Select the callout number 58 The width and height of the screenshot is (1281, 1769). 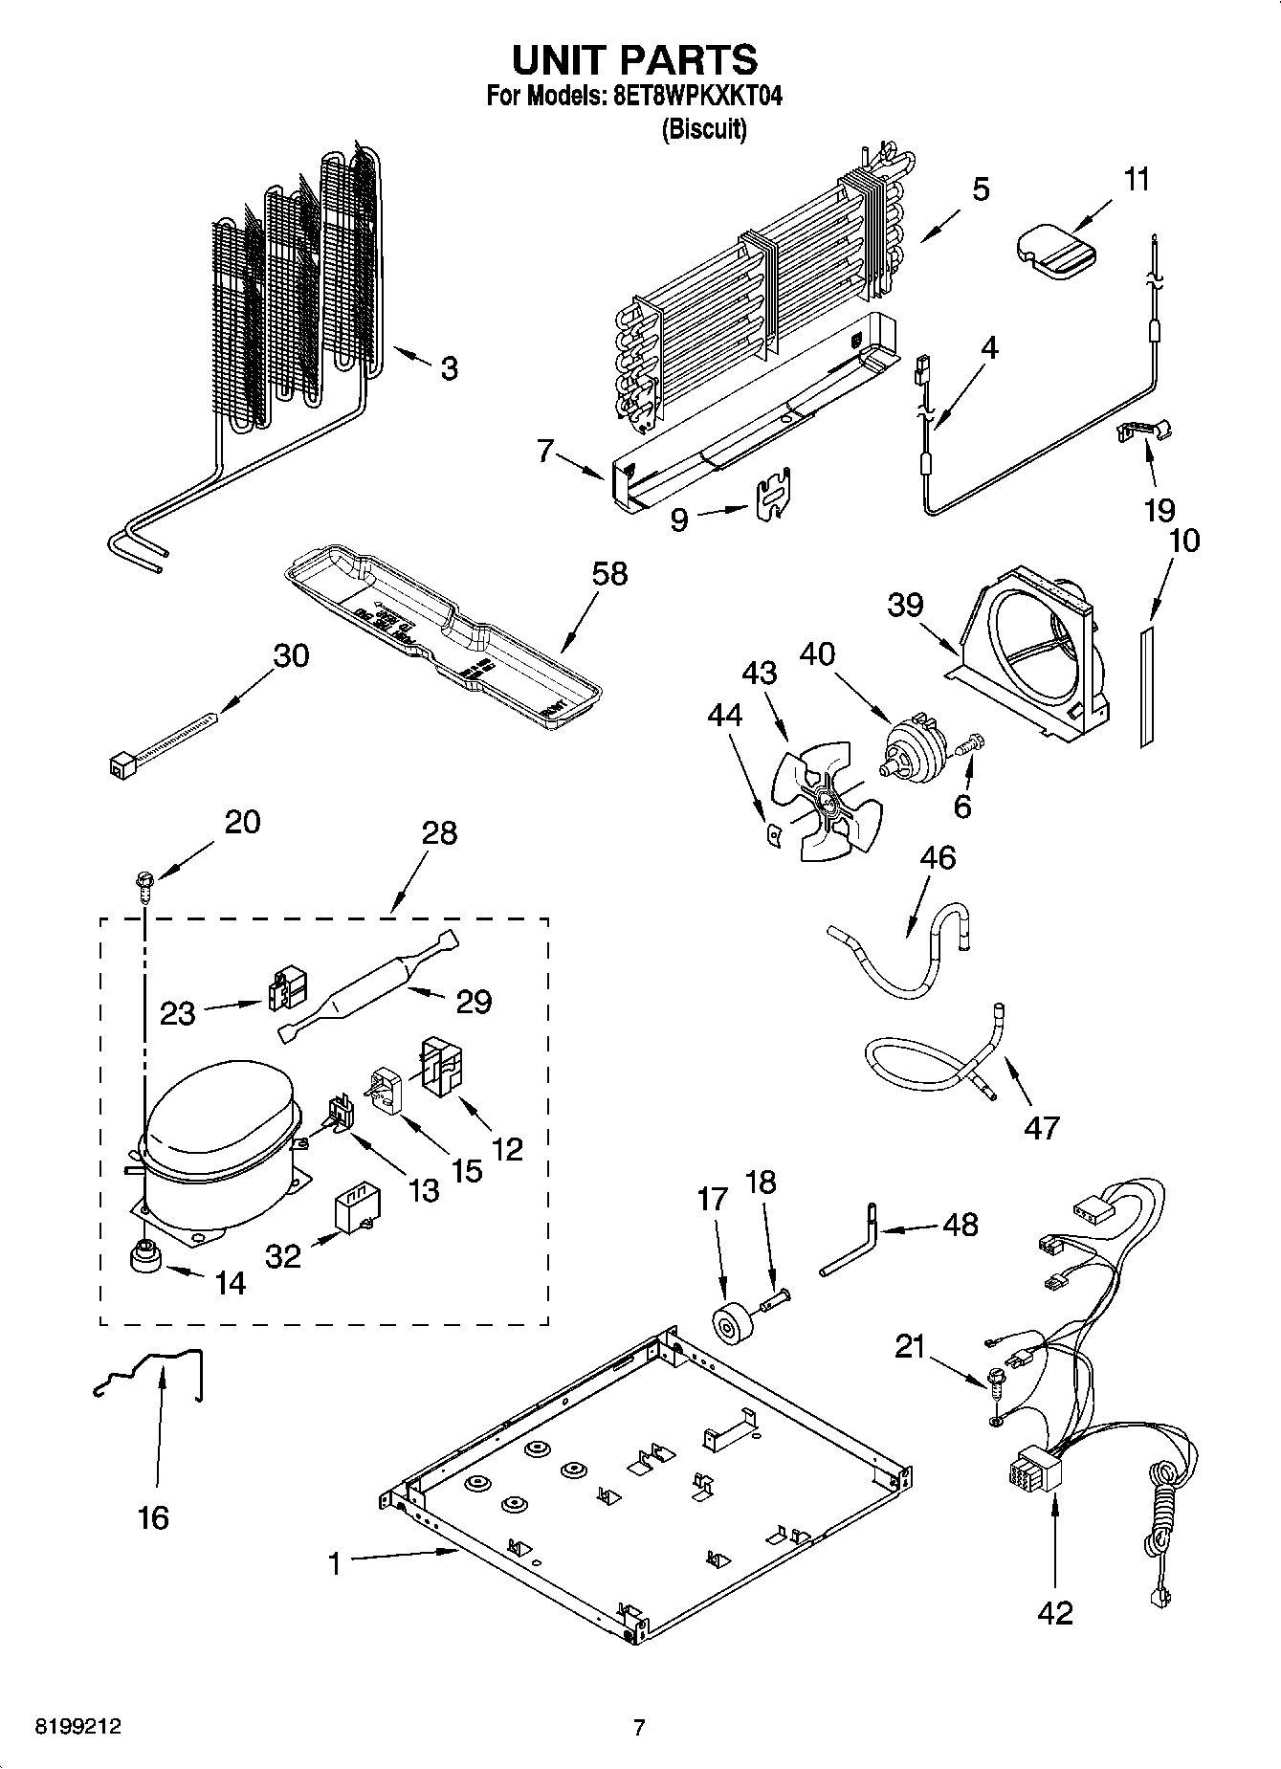[609, 574]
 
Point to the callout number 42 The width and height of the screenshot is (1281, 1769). [1055, 1612]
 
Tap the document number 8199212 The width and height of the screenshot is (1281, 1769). [77, 1727]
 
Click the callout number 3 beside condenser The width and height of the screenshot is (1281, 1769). [449, 369]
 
